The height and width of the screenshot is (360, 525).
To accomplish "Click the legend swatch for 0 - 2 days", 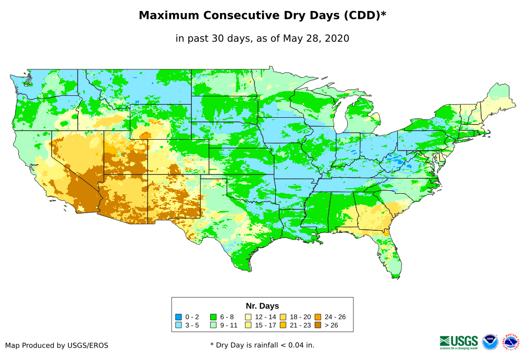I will coord(178,317).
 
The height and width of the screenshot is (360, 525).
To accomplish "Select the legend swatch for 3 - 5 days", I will coord(178,325).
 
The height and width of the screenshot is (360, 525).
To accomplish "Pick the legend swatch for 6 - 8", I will coord(213,317).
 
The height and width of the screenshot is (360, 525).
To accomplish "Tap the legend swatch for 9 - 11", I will coord(213,325).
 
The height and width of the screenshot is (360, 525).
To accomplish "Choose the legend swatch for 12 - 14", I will coord(249,317).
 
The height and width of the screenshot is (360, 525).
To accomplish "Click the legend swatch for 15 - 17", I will coord(249,325).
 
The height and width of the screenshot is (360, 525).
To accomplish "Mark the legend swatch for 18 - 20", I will coord(283,317).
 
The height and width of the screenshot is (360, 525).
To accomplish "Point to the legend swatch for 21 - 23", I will coord(283,325).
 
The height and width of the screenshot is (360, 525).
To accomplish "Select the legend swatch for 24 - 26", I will coord(318,317).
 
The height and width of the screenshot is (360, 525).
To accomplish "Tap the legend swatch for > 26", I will coord(318,325).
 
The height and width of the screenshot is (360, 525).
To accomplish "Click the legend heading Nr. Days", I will coord(262,306).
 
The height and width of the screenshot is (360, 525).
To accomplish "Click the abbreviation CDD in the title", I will coord(359,16).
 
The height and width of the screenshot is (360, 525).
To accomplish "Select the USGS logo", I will coord(459,342).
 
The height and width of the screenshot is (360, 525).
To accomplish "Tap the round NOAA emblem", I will coord(490,342).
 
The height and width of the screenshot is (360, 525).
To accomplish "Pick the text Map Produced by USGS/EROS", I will coord(57,345).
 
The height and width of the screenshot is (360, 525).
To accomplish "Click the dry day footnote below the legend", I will coord(262,345).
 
